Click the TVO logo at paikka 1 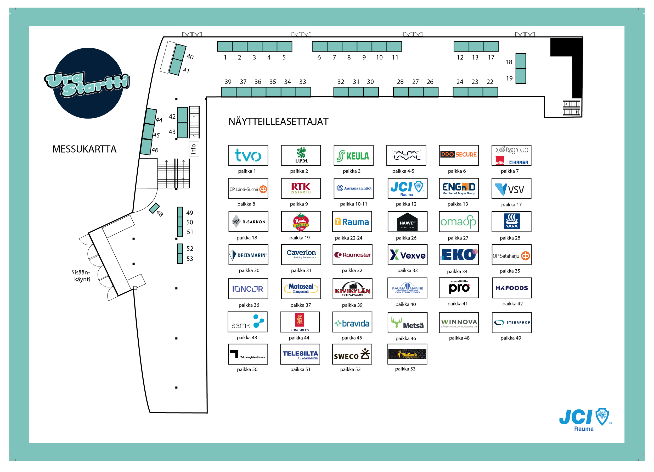click(x=248, y=155)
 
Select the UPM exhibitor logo click(x=301, y=155)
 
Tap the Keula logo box click(x=353, y=155)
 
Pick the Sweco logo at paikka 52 click(x=352, y=354)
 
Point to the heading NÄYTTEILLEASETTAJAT click(x=278, y=121)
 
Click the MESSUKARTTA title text click(x=84, y=149)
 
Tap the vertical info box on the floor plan click(x=194, y=149)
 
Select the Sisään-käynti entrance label click(x=81, y=276)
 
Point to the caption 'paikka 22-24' click(x=348, y=238)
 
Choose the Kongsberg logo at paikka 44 click(x=300, y=322)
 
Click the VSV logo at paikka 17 click(x=511, y=188)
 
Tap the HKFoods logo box click(x=511, y=288)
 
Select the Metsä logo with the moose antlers click(x=407, y=323)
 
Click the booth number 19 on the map click(x=509, y=78)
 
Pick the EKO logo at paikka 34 click(x=459, y=255)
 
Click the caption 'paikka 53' click(x=405, y=369)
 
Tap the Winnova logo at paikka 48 click(x=459, y=323)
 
